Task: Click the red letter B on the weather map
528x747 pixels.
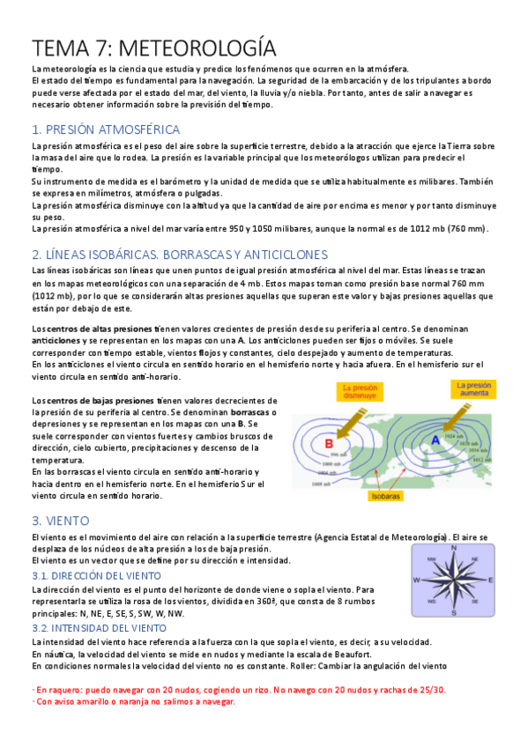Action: (330, 443)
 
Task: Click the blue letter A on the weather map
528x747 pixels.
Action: (435, 440)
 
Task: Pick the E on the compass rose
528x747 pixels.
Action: (489, 580)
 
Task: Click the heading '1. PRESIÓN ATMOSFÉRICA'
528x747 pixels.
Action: (105, 129)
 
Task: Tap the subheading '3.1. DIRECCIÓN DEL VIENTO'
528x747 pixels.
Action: (96, 575)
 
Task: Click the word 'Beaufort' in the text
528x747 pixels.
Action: (341, 655)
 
